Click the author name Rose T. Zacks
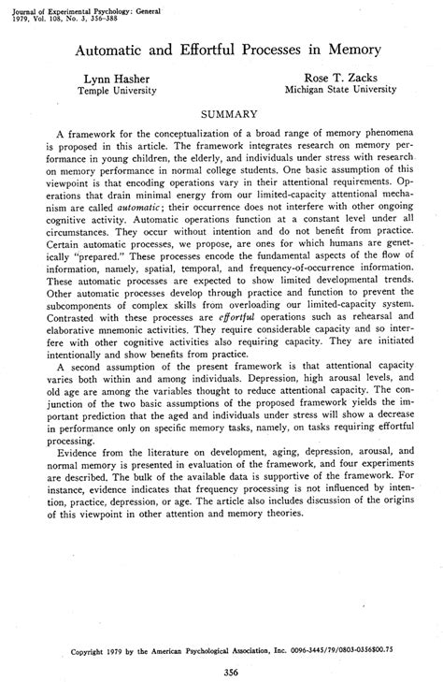pyautogui.click(x=338, y=80)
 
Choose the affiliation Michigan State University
pyautogui.click(x=338, y=93)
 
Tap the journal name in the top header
pyautogui.click(x=79, y=7)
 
